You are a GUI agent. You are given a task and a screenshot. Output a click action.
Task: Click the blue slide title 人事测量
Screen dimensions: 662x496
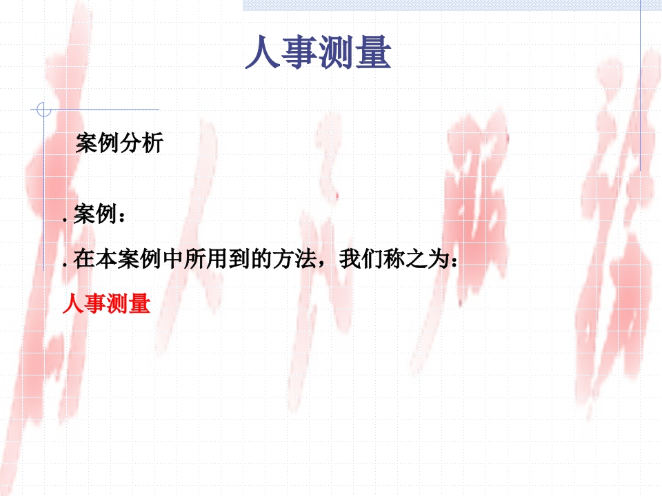(x=318, y=52)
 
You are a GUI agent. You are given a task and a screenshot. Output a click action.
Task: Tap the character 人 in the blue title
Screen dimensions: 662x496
(x=263, y=52)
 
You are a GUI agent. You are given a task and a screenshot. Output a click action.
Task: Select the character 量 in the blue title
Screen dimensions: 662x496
(x=373, y=52)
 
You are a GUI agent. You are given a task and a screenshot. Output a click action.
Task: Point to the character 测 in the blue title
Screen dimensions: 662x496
(x=337, y=52)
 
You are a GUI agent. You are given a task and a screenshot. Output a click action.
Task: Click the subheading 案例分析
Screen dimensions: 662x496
(x=119, y=143)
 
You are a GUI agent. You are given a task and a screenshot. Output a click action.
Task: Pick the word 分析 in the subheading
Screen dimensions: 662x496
(x=142, y=143)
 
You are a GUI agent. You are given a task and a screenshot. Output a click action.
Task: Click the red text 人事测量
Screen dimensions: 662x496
(x=106, y=304)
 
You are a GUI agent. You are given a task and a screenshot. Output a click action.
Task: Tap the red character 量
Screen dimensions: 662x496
(x=140, y=304)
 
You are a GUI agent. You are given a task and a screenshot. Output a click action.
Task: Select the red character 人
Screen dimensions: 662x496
(x=73, y=304)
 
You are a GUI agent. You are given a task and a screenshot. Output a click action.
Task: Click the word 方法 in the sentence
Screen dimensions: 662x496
(x=294, y=259)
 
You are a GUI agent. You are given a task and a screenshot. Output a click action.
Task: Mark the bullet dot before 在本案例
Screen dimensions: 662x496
(x=65, y=265)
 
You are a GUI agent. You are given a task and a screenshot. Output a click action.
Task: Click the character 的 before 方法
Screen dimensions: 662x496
(x=262, y=259)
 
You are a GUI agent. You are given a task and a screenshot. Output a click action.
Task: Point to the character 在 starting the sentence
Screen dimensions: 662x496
(x=84, y=259)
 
